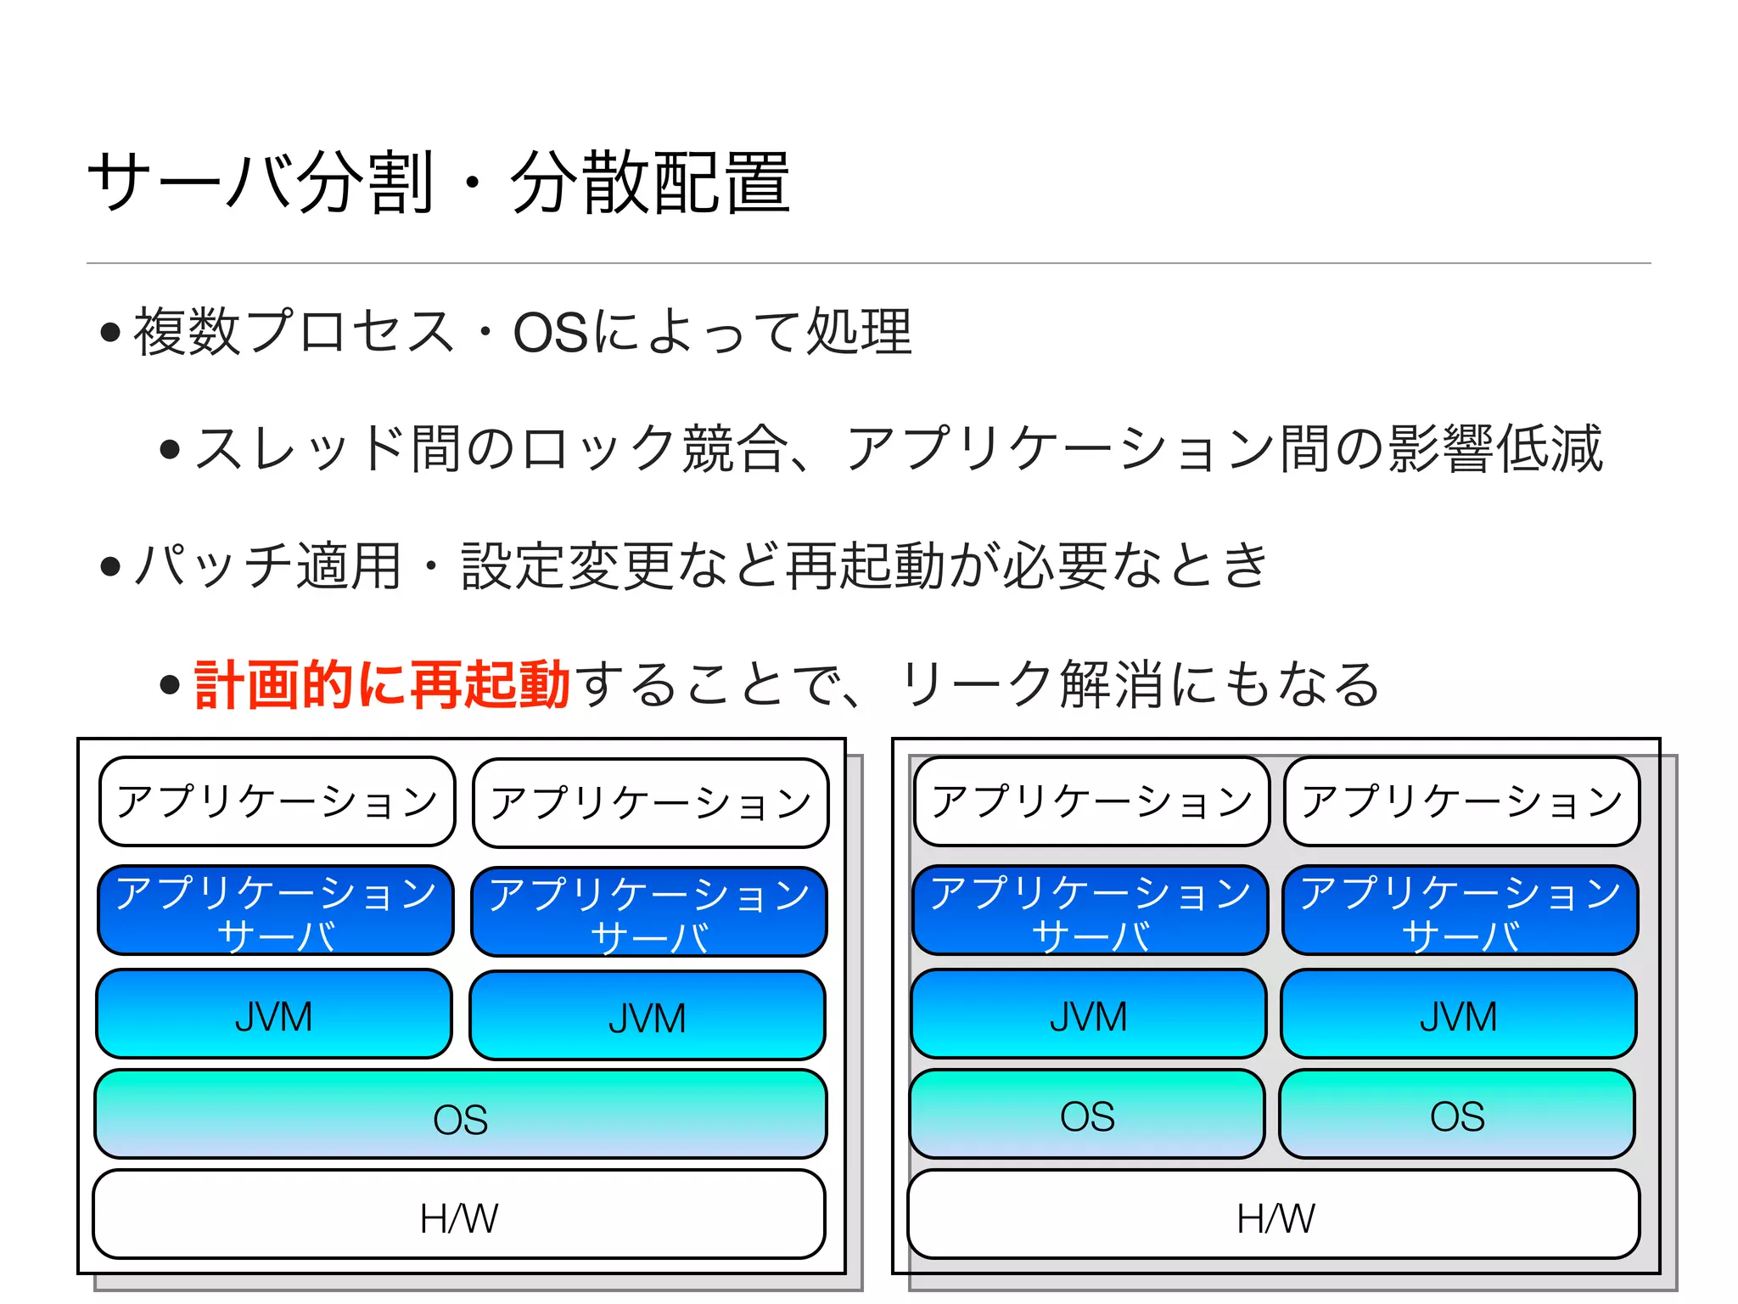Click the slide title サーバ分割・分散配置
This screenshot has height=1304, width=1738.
[438, 182]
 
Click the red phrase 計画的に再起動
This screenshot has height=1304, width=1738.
[382, 684]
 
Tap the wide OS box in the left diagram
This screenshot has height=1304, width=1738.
[460, 1115]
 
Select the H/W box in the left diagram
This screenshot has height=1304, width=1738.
[458, 1215]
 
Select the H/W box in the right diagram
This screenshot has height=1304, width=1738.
[1273, 1215]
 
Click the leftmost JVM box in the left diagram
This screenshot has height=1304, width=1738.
[273, 1015]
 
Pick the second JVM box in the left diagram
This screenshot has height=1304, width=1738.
[647, 1016]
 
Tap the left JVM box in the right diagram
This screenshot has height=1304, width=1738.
[1088, 1015]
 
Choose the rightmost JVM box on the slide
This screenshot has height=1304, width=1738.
[1458, 1015]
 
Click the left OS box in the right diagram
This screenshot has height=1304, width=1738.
[1087, 1115]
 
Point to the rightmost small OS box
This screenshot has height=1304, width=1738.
[1457, 1115]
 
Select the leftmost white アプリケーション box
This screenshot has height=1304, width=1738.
[277, 801]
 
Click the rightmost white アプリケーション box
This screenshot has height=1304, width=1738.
[1461, 801]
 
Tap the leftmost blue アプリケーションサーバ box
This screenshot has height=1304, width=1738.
[275, 910]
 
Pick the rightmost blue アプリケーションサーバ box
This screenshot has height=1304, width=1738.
[1460, 910]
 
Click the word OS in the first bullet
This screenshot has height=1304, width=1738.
[550, 332]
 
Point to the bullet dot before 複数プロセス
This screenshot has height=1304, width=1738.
[109, 332]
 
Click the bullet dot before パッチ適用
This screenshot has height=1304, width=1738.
[109, 566]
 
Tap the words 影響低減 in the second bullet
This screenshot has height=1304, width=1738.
[1495, 448]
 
